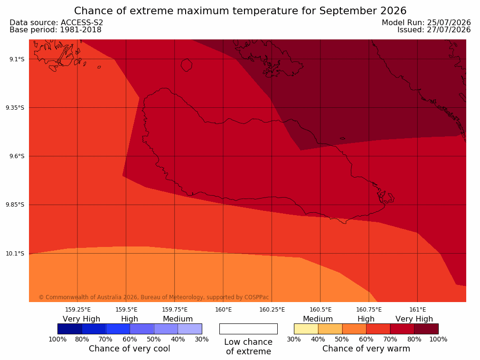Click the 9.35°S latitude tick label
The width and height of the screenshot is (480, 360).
point(15,108)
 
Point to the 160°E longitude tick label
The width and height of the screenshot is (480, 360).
point(223,310)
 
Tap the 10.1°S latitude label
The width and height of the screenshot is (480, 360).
point(15,254)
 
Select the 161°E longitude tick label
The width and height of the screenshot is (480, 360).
point(417,310)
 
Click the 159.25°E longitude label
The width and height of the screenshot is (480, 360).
point(78,310)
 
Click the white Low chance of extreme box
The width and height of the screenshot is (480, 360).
point(248,329)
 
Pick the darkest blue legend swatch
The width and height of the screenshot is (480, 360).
point(70,329)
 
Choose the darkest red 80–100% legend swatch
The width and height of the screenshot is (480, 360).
point(426,329)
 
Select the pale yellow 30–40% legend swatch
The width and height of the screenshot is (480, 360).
point(306,329)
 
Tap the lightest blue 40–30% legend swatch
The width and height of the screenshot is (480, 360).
point(190,329)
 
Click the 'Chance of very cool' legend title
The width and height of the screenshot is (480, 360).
point(130,349)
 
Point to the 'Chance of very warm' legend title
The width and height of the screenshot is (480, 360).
point(366,349)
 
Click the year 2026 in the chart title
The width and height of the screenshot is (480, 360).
point(394,11)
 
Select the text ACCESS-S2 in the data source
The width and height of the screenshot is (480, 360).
point(82,23)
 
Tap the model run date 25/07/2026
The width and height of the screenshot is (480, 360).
point(449,23)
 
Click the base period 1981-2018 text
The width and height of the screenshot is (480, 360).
point(81,30)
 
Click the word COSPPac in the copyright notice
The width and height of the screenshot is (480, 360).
point(256,297)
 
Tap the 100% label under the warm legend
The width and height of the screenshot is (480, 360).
point(438,339)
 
